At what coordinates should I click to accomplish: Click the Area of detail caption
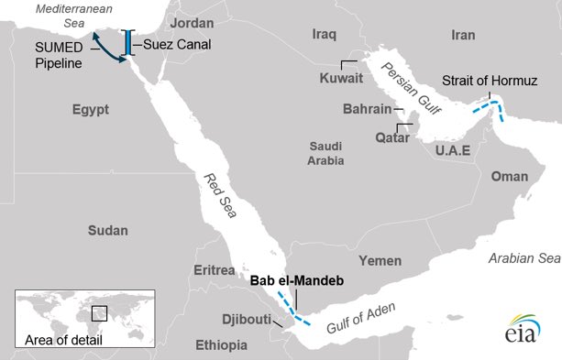pos(64,341)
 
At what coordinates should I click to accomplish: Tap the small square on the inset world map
pos(99,313)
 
